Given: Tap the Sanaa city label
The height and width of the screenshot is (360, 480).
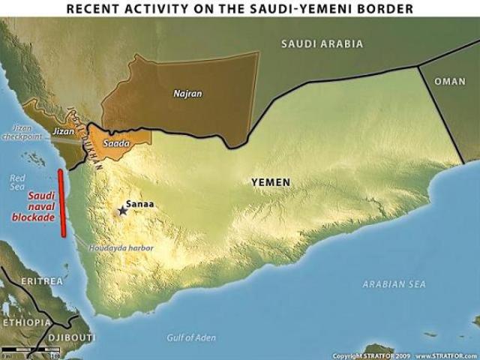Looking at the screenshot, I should [x=140, y=203].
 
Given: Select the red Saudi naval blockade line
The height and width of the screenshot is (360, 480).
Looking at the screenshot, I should [x=62, y=202].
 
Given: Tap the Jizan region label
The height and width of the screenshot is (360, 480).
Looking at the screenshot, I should [x=63, y=131].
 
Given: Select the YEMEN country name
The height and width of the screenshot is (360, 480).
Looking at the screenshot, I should [x=271, y=181].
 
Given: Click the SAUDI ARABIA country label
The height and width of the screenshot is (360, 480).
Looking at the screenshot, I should [x=322, y=44].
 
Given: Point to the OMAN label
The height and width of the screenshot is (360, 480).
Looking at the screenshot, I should [x=450, y=82].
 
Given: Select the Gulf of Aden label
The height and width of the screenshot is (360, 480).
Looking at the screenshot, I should [x=191, y=338].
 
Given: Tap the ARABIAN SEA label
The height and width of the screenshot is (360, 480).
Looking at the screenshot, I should [x=394, y=284].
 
